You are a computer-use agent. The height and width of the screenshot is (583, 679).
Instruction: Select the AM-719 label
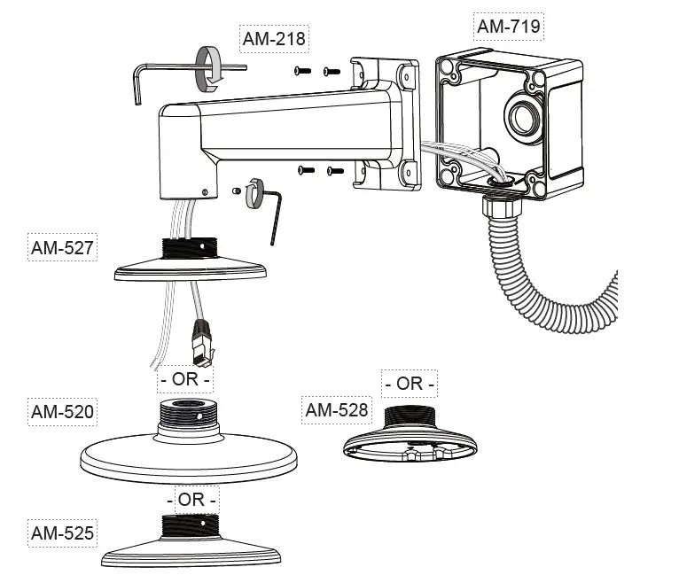(509, 26)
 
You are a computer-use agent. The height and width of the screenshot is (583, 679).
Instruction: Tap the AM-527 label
(61, 248)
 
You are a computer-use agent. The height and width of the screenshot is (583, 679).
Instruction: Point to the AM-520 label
(62, 412)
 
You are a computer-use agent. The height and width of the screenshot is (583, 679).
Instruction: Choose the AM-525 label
(62, 533)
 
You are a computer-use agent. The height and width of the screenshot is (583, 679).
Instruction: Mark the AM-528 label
(337, 410)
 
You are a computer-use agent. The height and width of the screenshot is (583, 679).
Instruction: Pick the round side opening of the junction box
(522, 116)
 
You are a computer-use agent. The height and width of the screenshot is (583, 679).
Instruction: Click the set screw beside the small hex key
(237, 190)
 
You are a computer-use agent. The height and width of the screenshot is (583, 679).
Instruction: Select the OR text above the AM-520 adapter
(185, 380)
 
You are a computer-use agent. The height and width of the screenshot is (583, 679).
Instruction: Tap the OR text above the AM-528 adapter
(410, 384)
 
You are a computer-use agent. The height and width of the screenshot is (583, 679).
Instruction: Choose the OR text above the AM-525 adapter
(191, 500)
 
